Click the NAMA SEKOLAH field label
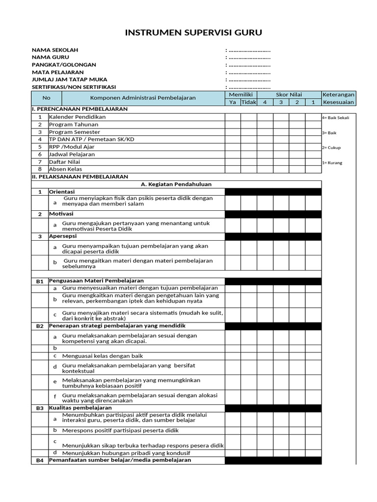[x=55, y=50]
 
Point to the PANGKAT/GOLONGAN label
[x=64, y=65]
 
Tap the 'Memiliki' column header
[x=241, y=95]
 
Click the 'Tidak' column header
[x=249, y=102]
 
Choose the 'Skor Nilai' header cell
[x=289, y=95]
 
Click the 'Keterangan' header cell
[x=338, y=95]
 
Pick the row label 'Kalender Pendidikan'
[x=77, y=117]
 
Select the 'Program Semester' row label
[x=75, y=132]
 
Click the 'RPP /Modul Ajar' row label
[x=72, y=147]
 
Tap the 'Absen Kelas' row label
[x=66, y=169]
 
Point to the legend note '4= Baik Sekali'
[x=335, y=118]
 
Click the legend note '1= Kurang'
[x=332, y=163]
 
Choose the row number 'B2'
[x=40, y=326]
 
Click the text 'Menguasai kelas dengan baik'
[x=103, y=356]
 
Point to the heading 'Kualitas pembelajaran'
[x=81, y=408]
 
